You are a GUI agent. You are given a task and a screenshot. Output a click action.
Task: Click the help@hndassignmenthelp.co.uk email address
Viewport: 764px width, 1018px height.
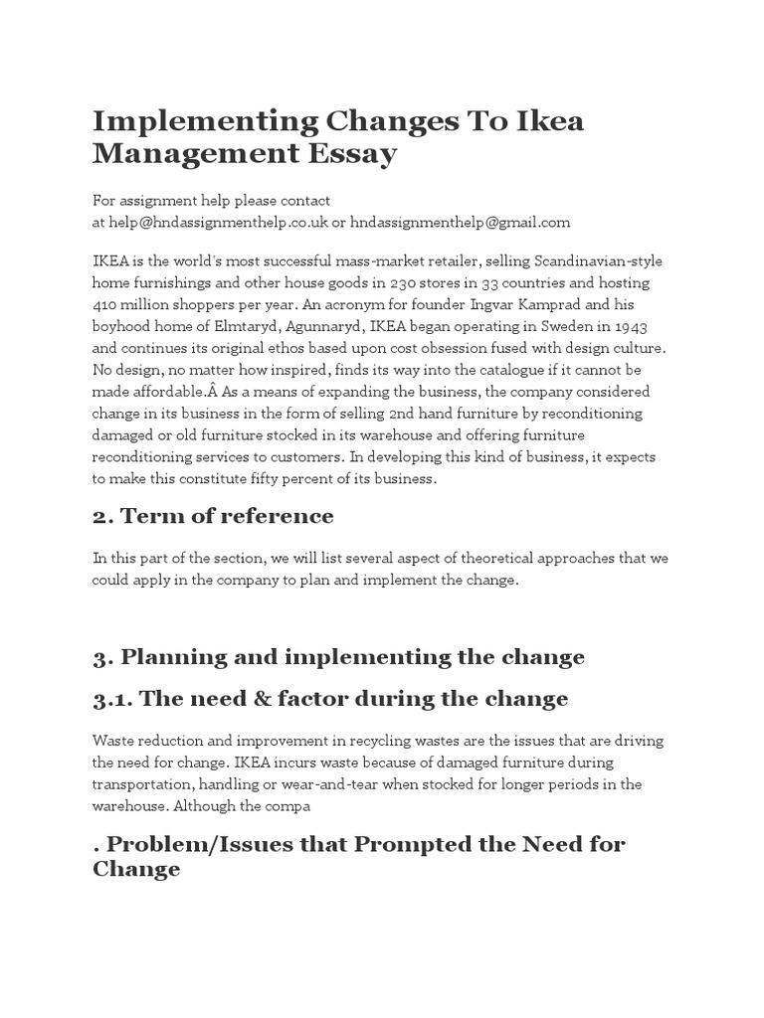pos(211,222)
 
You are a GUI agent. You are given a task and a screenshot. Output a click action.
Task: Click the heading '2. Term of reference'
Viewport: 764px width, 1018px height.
pos(213,516)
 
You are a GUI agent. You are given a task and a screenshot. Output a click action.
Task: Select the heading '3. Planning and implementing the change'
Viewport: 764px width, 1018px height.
pos(338,657)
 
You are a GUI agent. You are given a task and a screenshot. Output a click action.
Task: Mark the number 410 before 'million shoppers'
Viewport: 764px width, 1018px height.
pos(106,303)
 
